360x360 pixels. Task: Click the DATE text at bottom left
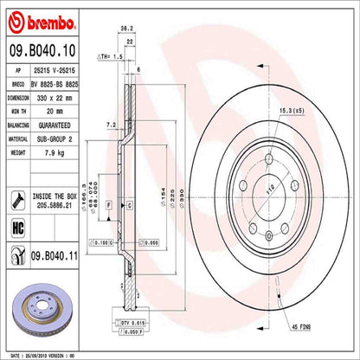(15, 354)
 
